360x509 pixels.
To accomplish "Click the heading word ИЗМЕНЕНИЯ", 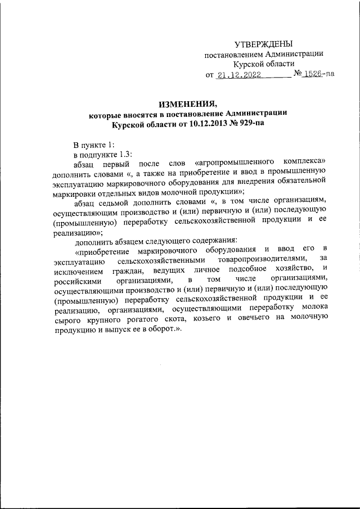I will tap(187, 103).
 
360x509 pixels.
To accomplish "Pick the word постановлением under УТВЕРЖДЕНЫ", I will tap(231, 55).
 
